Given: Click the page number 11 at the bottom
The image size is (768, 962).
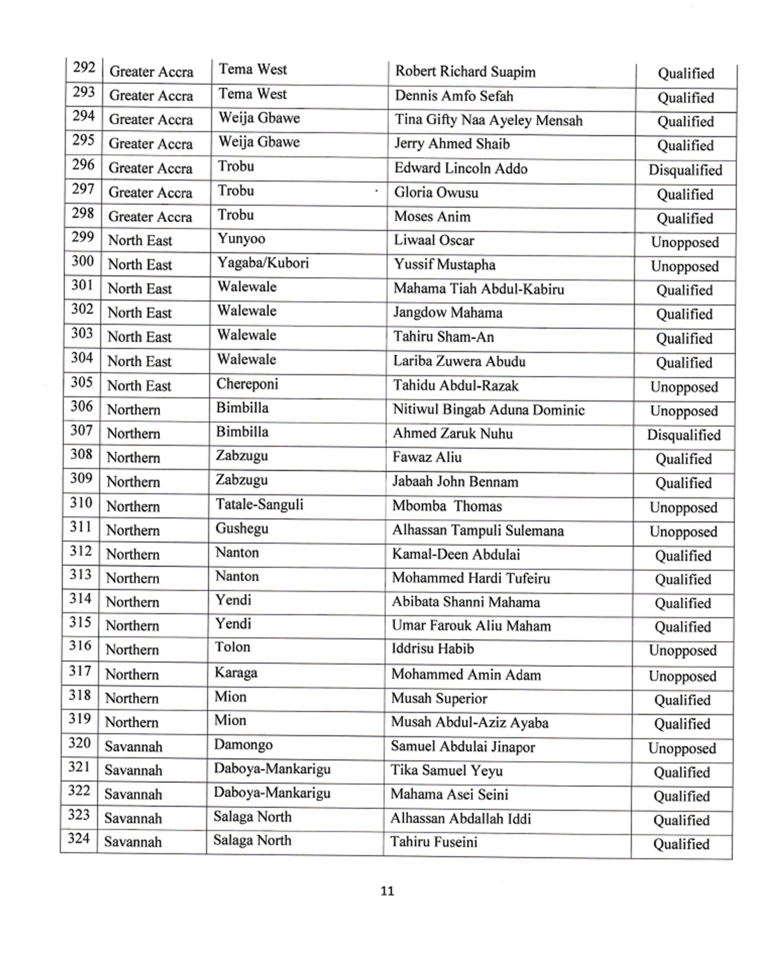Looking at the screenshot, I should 387,891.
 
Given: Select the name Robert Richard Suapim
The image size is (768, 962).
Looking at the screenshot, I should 465,71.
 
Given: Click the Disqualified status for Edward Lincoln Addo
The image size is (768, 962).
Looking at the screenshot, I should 685,170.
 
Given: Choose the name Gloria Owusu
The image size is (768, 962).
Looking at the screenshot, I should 436,192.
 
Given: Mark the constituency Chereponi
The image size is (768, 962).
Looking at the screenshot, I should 247,384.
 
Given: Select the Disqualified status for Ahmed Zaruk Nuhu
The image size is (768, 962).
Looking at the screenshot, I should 684,435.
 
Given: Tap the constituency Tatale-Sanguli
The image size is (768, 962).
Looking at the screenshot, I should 259,504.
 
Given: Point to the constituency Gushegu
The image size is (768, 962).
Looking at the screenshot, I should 242,528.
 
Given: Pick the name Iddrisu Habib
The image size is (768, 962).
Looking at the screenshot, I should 432,648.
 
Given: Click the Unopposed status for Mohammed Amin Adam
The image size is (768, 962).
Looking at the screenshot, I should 682,676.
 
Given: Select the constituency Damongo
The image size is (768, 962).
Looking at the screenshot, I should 243,744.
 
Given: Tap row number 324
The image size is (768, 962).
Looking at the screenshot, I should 79,838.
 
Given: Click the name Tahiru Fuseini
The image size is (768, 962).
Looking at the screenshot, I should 434,842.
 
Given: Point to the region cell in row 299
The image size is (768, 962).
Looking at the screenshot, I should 140,240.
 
